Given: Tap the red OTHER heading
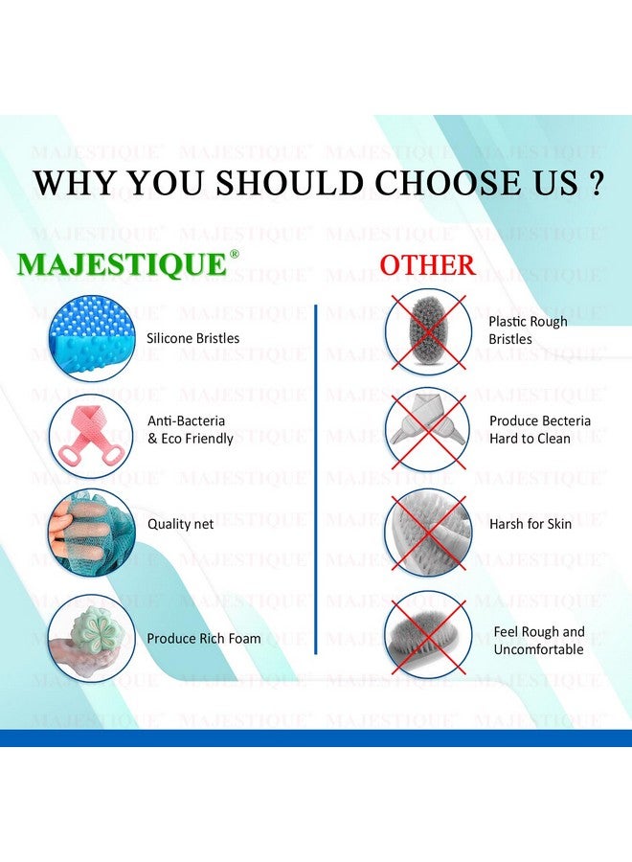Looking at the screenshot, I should pyautogui.click(x=427, y=265).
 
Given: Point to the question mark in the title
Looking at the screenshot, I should pyautogui.click(x=597, y=183).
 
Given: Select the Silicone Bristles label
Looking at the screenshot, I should pyautogui.click(x=193, y=338).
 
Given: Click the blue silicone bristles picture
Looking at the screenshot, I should pyautogui.click(x=91, y=338).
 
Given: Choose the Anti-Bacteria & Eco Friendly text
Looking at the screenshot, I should pyautogui.click(x=191, y=430).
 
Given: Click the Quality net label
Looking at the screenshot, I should pyautogui.click(x=181, y=524).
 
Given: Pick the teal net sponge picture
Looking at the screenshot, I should pyautogui.click(x=91, y=532).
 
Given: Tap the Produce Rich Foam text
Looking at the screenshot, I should pyautogui.click(x=204, y=638).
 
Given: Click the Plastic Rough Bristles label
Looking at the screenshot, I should pyautogui.click(x=528, y=330).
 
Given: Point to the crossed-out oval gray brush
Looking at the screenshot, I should pyautogui.click(x=427, y=330).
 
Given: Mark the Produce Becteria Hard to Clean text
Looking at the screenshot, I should pyautogui.click(x=540, y=430).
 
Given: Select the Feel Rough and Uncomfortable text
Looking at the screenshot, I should pyautogui.click(x=538, y=641).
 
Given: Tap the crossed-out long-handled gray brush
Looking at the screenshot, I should pyautogui.click(x=427, y=634).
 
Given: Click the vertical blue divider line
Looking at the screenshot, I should pyautogui.click(x=316, y=479).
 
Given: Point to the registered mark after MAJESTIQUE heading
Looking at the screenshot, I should pyautogui.click(x=235, y=255).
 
